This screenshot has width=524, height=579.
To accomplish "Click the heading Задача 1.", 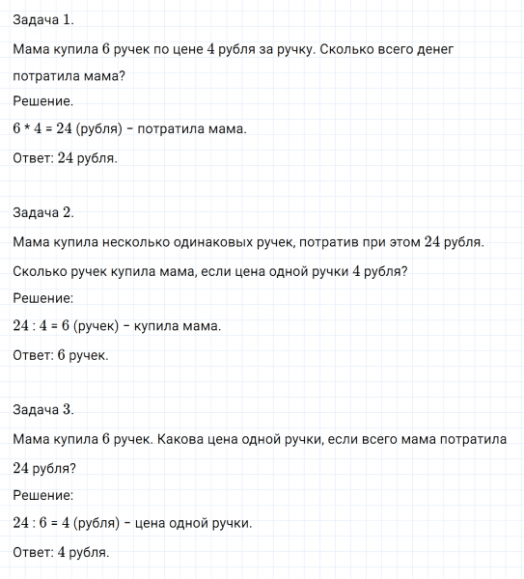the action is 44,20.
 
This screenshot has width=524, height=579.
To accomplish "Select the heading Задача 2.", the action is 44,213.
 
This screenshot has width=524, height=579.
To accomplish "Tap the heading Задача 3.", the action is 44,409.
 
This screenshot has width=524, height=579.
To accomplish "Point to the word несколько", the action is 134,242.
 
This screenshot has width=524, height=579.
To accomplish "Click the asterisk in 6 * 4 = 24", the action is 28,128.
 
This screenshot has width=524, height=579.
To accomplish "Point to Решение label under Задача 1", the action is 44,100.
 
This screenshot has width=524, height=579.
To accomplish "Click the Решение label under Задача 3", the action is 44,495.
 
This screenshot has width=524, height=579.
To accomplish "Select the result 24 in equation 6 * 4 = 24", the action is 66,128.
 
